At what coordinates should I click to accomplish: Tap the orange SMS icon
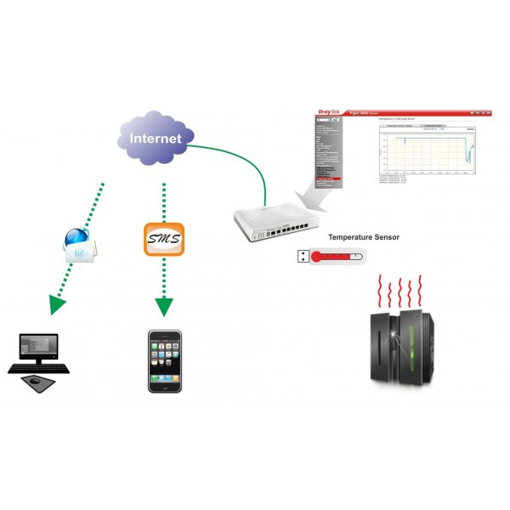pyautogui.click(x=162, y=240)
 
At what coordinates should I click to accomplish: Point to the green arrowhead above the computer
pyautogui.click(x=57, y=303)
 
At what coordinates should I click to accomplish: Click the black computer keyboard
pyautogui.click(x=39, y=369)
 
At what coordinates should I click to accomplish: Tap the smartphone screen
pyautogui.click(x=165, y=358)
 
